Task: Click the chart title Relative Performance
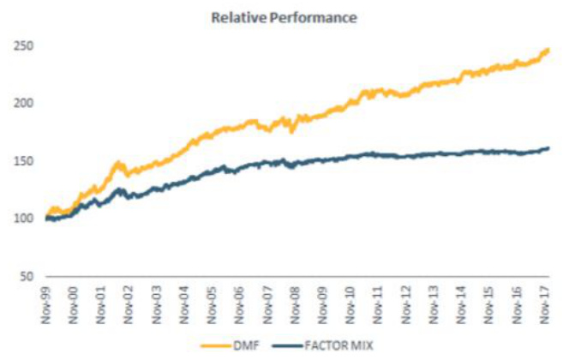281,15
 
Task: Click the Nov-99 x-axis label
49,302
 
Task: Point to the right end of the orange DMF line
548,50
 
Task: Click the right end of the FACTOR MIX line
548,148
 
